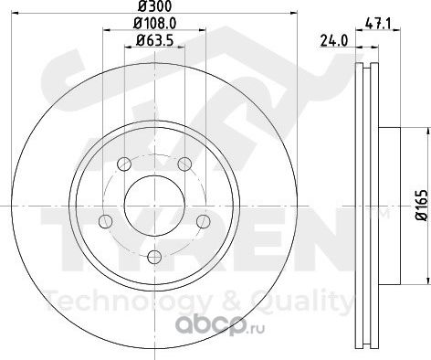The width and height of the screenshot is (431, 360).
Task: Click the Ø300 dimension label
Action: [154, 5]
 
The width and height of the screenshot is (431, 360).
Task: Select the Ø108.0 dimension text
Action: [155, 23]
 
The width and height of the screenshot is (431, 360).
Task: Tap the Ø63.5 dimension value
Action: [155, 40]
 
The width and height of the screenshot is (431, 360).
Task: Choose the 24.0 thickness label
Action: [333, 41]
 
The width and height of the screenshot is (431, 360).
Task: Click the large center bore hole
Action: [154, 206]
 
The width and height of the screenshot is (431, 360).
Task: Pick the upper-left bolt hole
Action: [124, 164]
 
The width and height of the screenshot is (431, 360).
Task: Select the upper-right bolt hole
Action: [184, 164]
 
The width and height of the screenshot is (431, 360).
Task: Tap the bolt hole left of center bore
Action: [106, 221]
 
